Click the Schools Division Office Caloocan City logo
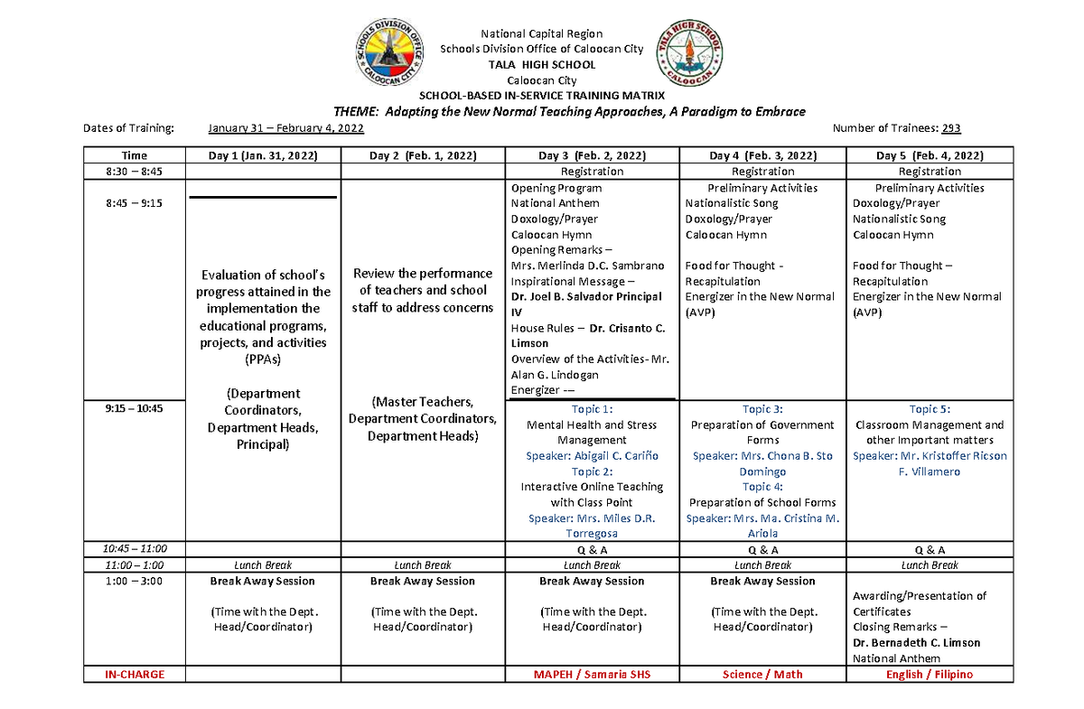pos(388,53)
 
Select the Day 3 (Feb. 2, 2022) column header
pos(592,155)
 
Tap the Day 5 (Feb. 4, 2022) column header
pos(930,155)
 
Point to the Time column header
pos(135,155)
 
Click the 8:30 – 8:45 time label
pos(135,171)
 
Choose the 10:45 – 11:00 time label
pos(135,548)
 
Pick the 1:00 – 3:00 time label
pos(135,581)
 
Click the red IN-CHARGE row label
pos(135,674)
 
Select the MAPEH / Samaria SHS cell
pos(592,674)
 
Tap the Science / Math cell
pos(762,674)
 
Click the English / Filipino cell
pos(930,674)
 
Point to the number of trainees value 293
pos(951,128)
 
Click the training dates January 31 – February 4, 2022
pos(285,128)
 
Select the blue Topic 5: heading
pos(930,409)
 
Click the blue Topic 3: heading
pos(762,409)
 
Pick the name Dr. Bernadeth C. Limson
pos(916,643)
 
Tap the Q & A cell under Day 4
pos(762,548)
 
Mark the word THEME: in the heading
pos(355,111)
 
